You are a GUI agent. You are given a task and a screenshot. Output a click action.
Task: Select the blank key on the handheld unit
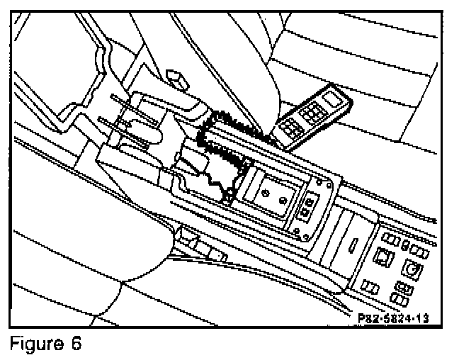click(x=332, y=99)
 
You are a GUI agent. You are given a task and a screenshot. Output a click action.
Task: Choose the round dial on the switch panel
click(x=413, y=269)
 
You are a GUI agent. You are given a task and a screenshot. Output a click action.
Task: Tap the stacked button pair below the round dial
click(x=402, y=291)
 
